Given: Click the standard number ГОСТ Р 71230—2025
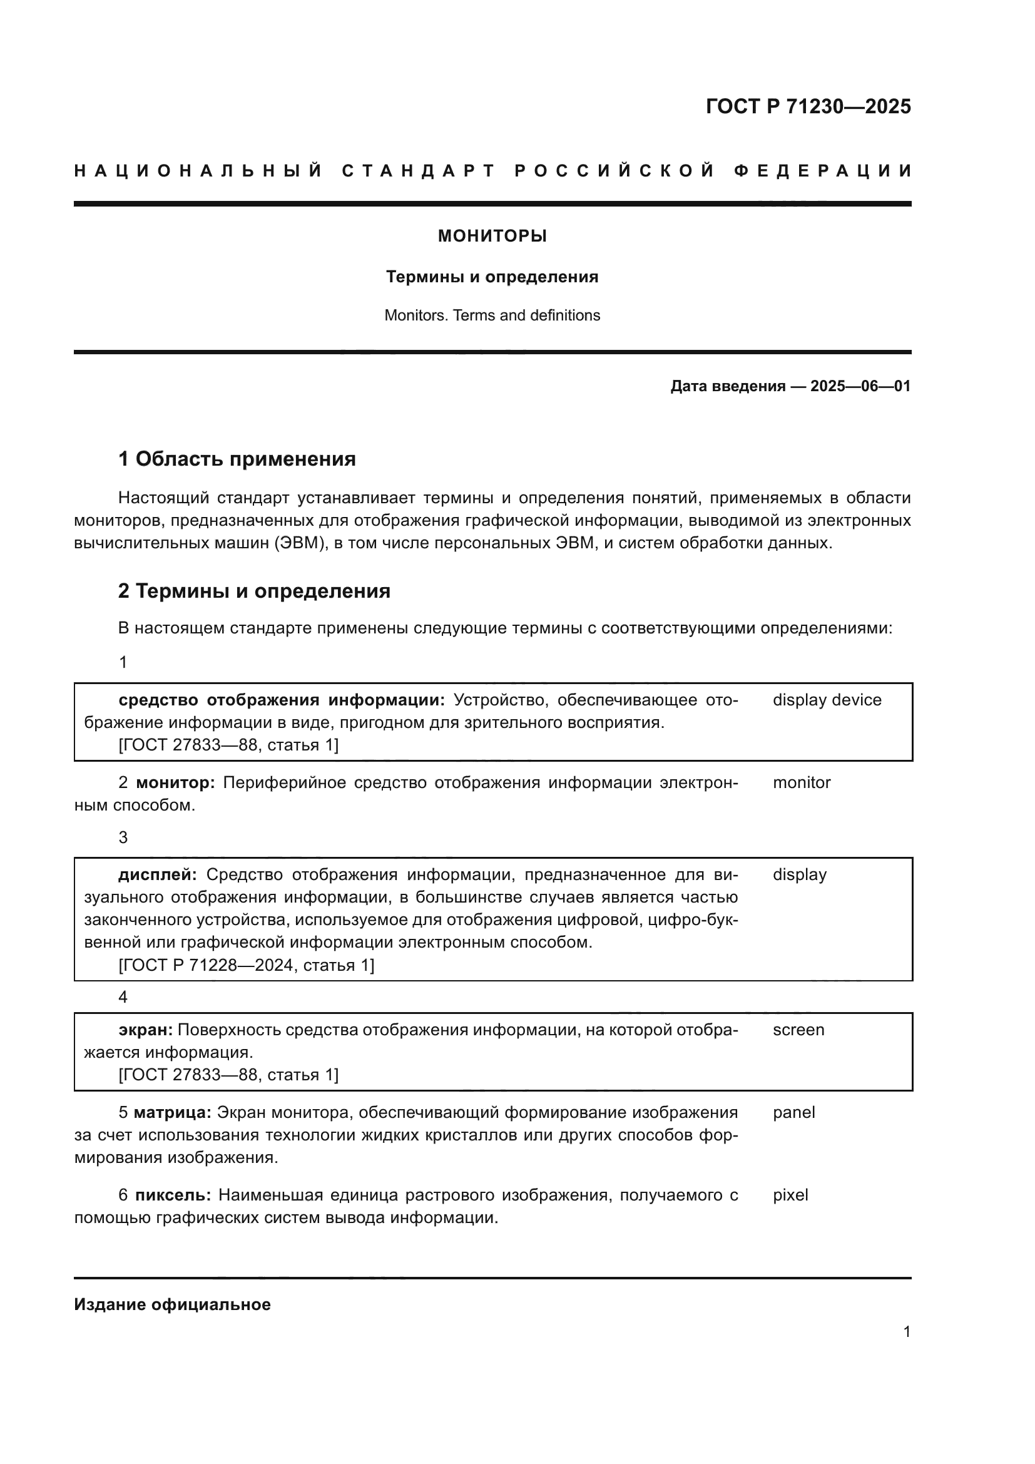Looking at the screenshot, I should [x=808, y=106].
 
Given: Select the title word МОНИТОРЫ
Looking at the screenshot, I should [x=492, y=237].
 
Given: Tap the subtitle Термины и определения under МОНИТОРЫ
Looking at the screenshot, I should [x=492, y=277].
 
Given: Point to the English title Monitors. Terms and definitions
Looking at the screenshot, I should [x=492, y=315].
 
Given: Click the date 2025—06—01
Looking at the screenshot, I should [x=860, y=386].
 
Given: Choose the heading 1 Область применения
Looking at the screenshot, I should [x=237, y=459].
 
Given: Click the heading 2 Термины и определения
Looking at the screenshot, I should [x=253, y=591].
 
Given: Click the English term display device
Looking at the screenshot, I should [x=827, y=700].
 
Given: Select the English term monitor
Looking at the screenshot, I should [x=801, y=782].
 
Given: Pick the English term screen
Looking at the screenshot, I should [x=798, y=1030].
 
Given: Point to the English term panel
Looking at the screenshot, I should [x=793, y=1113].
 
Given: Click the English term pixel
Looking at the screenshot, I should [x=790, y=1195].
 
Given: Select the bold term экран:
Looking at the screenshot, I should [x=145, y=1030].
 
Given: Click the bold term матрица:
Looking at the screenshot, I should [x=172, y=1113].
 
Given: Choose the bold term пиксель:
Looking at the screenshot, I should [x=173, y=1195].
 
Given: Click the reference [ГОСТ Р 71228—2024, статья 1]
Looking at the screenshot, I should [x=246, y=965].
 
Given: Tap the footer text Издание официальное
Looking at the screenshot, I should [x=172, y=1304].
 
